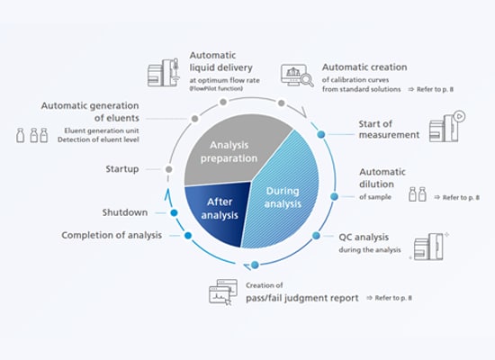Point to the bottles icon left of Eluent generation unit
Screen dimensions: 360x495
click(33, 136)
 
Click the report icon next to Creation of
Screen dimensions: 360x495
click(224, 292)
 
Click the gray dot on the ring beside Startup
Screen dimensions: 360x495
click(168, 168)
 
